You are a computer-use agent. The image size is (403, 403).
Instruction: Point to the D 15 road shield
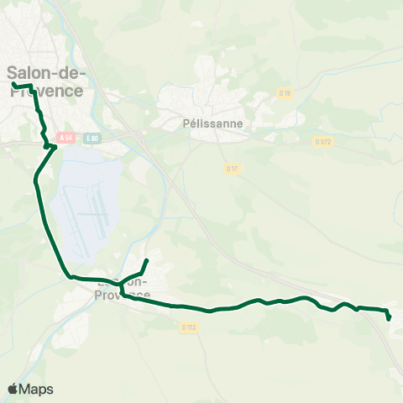pos(284,93)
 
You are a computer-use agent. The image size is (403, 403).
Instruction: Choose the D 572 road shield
pos(323,142)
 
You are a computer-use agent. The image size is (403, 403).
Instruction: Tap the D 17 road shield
pos(232,169)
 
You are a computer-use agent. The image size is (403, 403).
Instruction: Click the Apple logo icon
pos(13,389)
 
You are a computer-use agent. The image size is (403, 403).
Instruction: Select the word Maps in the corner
pos(36,389)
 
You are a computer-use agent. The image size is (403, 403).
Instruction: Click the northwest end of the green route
pos(13,85)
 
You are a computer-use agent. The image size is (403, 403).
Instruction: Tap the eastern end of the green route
pos(389,318)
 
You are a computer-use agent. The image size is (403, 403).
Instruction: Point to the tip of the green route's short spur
pos(147,260)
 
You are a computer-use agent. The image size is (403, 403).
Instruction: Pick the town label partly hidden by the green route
pos(123,290)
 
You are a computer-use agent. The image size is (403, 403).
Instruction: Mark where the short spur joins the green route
pos(120,283)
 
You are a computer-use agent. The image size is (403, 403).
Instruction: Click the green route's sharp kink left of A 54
pos(52,147)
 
